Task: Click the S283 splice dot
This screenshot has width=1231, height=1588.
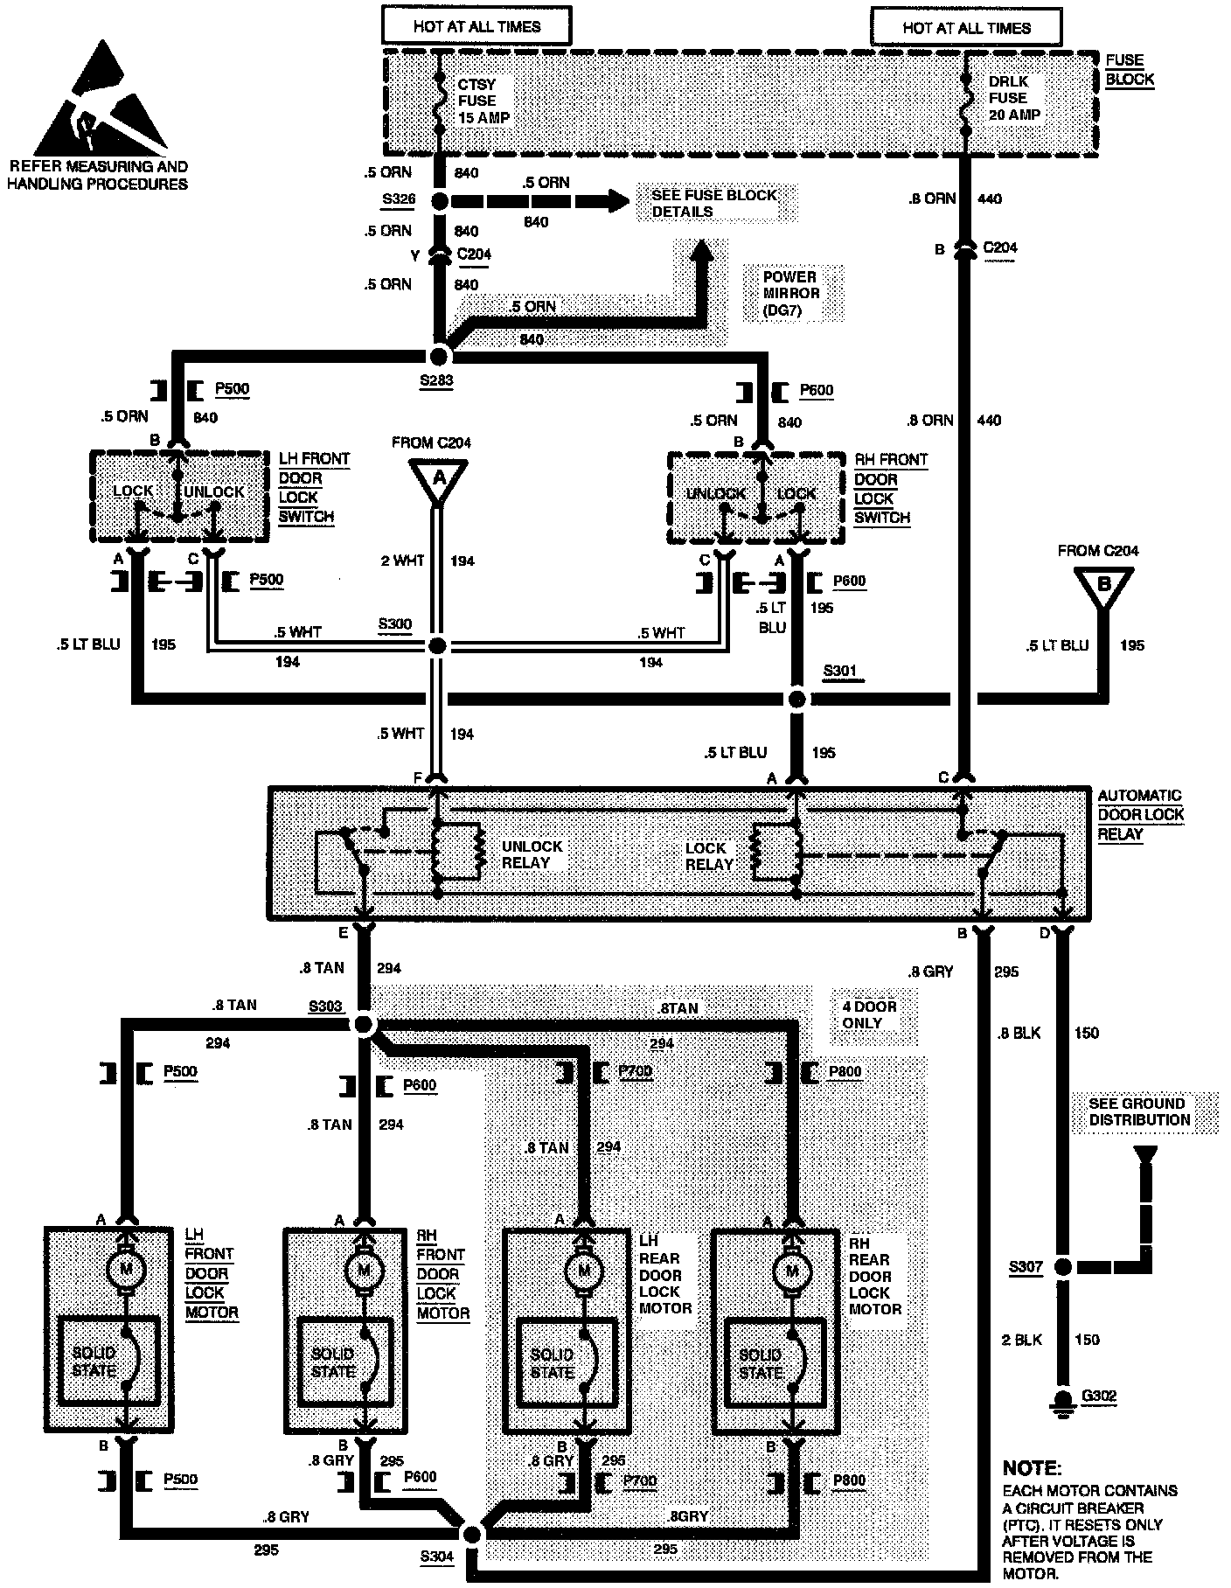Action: [x=439, y=356]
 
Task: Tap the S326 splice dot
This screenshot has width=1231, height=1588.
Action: [x=440, y=202]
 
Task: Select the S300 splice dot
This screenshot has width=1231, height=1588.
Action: [x=438, y=646]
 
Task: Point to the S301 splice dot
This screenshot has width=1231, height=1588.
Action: [x=796, y=699]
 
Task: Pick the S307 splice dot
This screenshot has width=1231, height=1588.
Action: [x=1062, y=1266]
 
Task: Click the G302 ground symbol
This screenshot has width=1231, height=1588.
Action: [x=1062, y=1397]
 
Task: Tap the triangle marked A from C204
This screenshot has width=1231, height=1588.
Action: [x=439, y=481]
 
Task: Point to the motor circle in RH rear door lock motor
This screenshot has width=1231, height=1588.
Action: [x=792, y=1270]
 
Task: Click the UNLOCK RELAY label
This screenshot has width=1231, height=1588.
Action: [x=532, y=854]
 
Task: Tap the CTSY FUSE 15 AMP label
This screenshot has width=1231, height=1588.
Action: [x=483, y=101]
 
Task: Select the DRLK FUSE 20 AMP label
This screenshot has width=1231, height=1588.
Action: [x=1013, y=98]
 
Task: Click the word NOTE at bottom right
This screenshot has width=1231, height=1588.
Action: [x=1032, y=1468]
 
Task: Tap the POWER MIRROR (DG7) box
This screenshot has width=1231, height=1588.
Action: [x=791, y=294]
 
